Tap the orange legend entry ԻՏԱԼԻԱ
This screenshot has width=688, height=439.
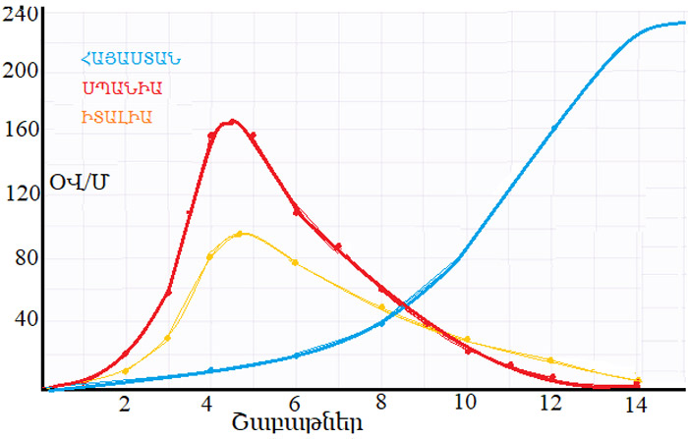tap(118, 118)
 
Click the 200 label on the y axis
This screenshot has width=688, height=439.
tap(21, 72)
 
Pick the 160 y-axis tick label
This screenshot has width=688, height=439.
tap(21, 129)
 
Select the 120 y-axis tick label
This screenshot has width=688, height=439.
tap(21, 194)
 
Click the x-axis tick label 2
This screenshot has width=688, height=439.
tap(125, 404)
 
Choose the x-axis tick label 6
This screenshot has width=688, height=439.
tap(295, 404)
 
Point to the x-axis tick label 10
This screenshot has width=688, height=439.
tap(465, 404)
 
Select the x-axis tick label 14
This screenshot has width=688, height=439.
tap(636, 404)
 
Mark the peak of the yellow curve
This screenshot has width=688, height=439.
tap(241, 233)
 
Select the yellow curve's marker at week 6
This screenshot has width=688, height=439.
tap(295, 262)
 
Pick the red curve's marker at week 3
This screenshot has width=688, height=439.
tap(168, 293)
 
